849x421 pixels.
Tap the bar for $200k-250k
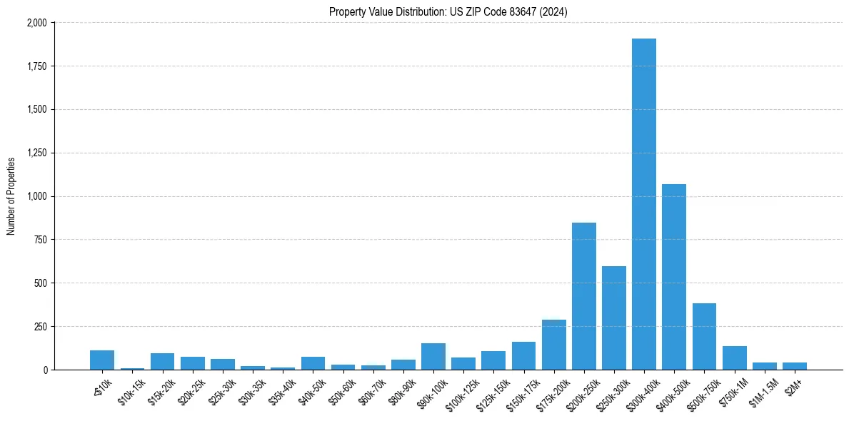coord(584,296)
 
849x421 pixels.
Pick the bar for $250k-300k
coord(614,318)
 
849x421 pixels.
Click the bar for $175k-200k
coord(554,345)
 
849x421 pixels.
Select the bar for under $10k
coord(102,360)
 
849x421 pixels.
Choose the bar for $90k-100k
coord(433,357)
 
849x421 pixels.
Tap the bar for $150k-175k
coord(523,356)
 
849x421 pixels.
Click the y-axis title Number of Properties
coord(11,196)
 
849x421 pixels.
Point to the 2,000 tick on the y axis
coord(36,23)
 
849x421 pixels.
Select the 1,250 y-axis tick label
coord(36,153)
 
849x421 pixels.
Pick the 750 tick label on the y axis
coord(41,240)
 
